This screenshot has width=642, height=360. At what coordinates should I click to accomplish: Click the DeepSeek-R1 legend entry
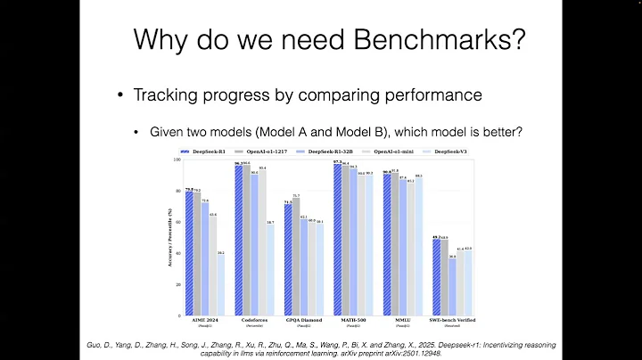point(205,152)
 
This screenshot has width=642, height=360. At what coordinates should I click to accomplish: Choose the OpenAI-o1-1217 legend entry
point(267,152)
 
